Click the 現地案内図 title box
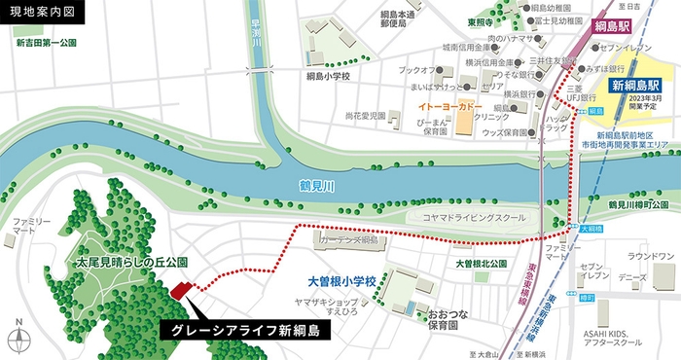(x=42, y=13)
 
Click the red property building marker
(x=180, y=290)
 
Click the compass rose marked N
(x=20, y=340)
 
